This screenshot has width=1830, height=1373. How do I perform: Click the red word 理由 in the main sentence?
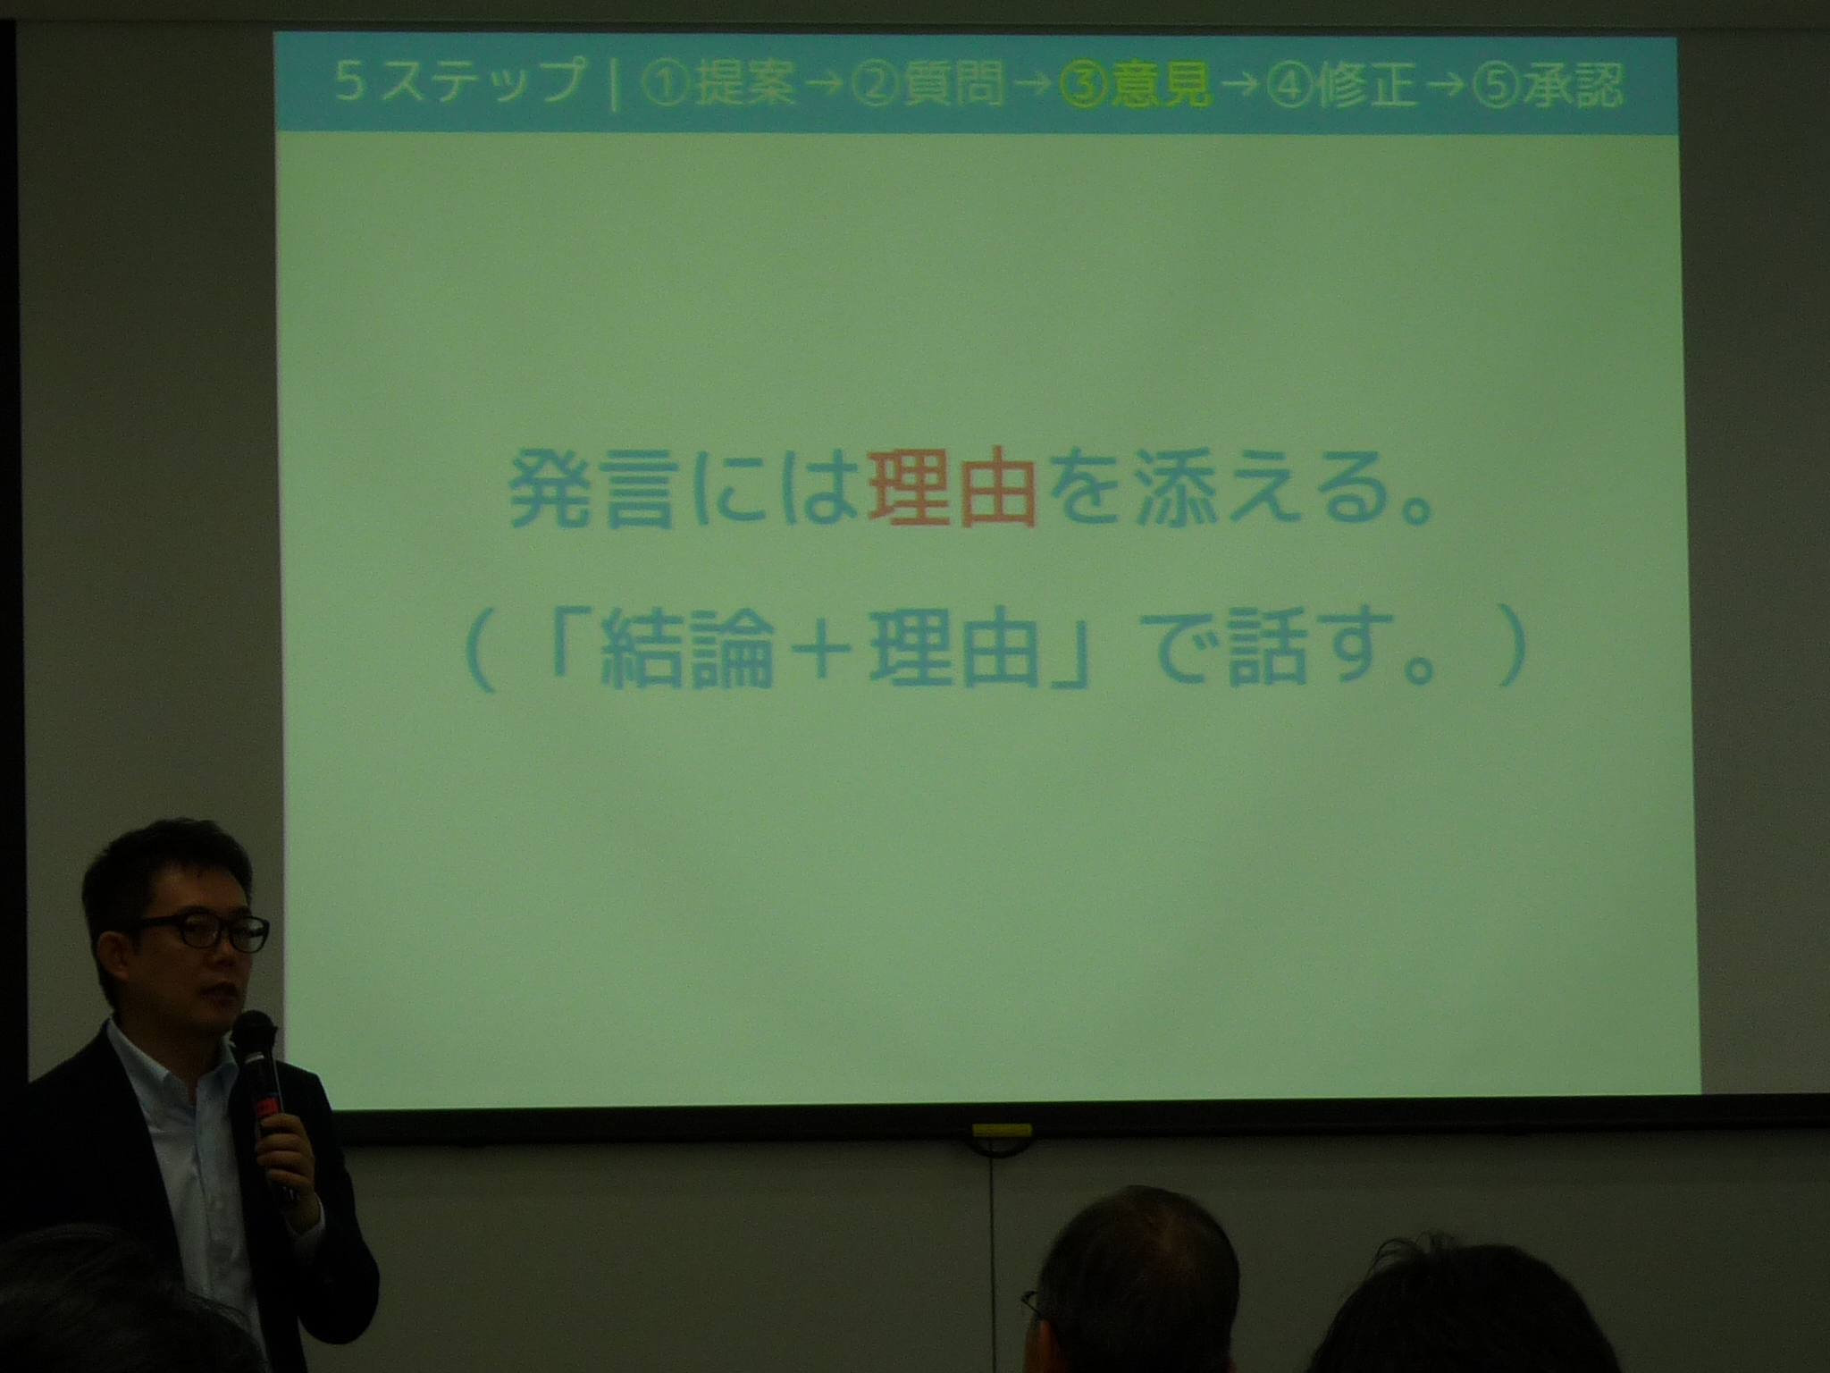952,493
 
